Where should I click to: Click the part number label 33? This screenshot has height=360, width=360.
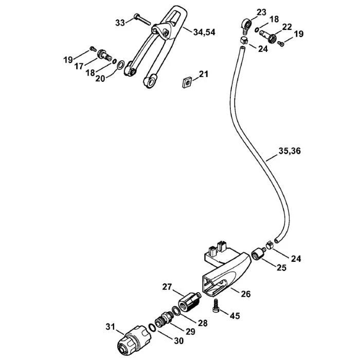pos(120,22)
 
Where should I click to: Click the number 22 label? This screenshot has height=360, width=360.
pos(286,27)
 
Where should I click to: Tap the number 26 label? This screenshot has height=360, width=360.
pos(245,294)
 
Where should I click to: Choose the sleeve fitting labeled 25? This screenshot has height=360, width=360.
pos(258,255)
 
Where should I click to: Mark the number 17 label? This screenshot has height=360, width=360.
pos(78,66)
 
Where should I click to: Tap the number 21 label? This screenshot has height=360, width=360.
pos(204,75)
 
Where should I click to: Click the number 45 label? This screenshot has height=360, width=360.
pos(235,315)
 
